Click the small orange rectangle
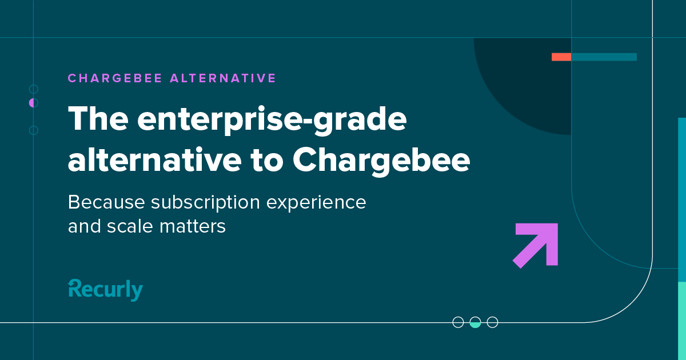561,57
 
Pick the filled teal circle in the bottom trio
475,322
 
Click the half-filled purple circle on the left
33,103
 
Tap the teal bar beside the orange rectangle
604,57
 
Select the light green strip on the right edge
681,320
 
